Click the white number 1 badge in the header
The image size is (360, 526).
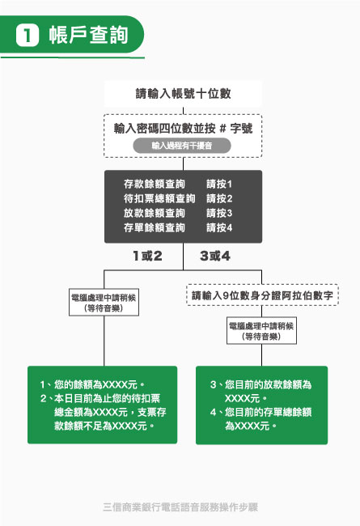click(x=28, y=36)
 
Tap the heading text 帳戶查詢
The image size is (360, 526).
click(x=88, y=35)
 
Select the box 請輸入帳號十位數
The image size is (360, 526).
click(x=183, y=94)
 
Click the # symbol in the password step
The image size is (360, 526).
click(x=222, y=129)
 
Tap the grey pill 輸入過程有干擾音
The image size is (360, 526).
click(x=182, y=146)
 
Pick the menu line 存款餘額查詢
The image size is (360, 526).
click(x=155, y=184)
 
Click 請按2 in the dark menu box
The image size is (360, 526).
click(x=219, y=198)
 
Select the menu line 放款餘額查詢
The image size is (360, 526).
click(x=155, y=214)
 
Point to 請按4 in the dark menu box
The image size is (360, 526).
click(x=219, y=228)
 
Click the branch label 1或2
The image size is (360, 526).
click(x=147, y=256)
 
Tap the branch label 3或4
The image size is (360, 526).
click(x=215, y=256)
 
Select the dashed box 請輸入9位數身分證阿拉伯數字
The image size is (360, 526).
click(x=262, y=295)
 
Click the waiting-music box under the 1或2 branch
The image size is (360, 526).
click(x=104, y=303)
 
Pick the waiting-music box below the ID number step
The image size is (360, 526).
click(x=261, y=331)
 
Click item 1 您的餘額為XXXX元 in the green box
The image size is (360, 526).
click(x=92, y=384)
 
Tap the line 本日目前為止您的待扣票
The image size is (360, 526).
click(x=100, y=398)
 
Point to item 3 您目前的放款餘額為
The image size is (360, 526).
click(x=261, y=384)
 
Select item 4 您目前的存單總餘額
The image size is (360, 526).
click(x=261, y=412)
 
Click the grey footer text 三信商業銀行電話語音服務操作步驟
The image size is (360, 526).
click(x=180, y=507)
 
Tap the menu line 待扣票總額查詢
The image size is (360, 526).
click(x=159, y=198)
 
